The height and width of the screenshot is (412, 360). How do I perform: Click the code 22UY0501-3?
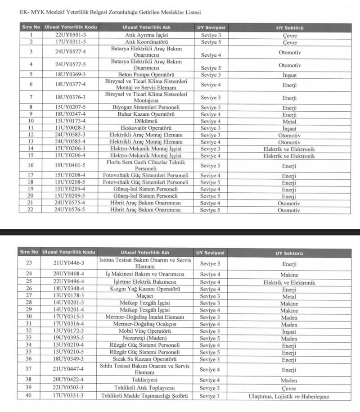pyautogui.click(x=70, y=35)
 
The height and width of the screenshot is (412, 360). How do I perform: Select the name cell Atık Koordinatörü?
pyautogui.click(x=146, y=42)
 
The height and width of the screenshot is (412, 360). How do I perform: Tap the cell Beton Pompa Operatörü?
pyautogui.click(x=146, y=75)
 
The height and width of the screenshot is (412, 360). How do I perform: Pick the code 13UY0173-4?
pyautogui.click(x=70, y=121)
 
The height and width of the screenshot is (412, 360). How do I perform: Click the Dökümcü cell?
pyautogui.click(x=146, y=121)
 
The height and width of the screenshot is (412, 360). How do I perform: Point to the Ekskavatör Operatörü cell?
pyautogui.click(x=146, y=128)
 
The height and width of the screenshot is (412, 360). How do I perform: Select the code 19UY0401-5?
pyautogui.click(x=70, y=166)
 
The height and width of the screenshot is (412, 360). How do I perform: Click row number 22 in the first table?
pyautogui.click(x=31, y=210)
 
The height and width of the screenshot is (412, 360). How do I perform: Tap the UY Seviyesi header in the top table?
pyautogui.click(x=211, y=27)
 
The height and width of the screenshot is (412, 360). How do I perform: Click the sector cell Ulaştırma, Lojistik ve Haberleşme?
pyautogui.click(x=288, y=397)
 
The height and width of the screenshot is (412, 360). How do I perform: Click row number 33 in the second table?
pyautogui.click(x=29, y=338)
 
